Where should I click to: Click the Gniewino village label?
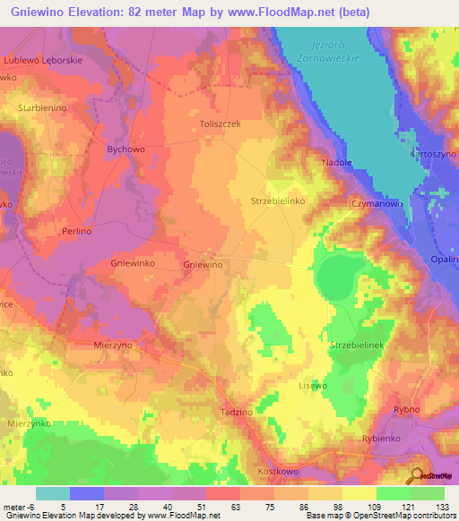click(x=202, y=266)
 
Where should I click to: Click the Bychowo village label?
click(x=125, y=149)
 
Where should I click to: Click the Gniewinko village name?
click(x=108, y=264)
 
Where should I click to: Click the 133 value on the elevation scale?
click(x=443, y=508)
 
